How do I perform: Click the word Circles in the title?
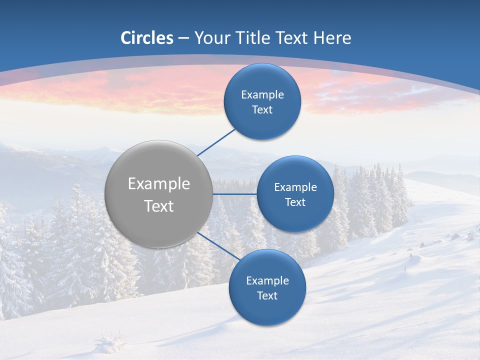tap(147, 38)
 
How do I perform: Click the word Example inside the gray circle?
tap(159, 184)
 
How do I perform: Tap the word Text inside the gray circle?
tap(159, 206)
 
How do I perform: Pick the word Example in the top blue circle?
tap(262, 95)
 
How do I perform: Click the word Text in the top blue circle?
tap(262, 110)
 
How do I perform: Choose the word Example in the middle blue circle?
tap(295, 187)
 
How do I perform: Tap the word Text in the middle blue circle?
tap(295, 202)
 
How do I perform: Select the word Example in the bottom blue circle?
tap(267, 281)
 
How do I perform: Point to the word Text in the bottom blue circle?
tap(267, 296)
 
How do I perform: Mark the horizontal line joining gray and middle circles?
tap(234, 194)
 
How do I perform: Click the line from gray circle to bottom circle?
tap(219, 246)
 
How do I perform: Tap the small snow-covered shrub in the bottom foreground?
tap(110, 343)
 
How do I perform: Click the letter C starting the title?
tap(126, 38)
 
